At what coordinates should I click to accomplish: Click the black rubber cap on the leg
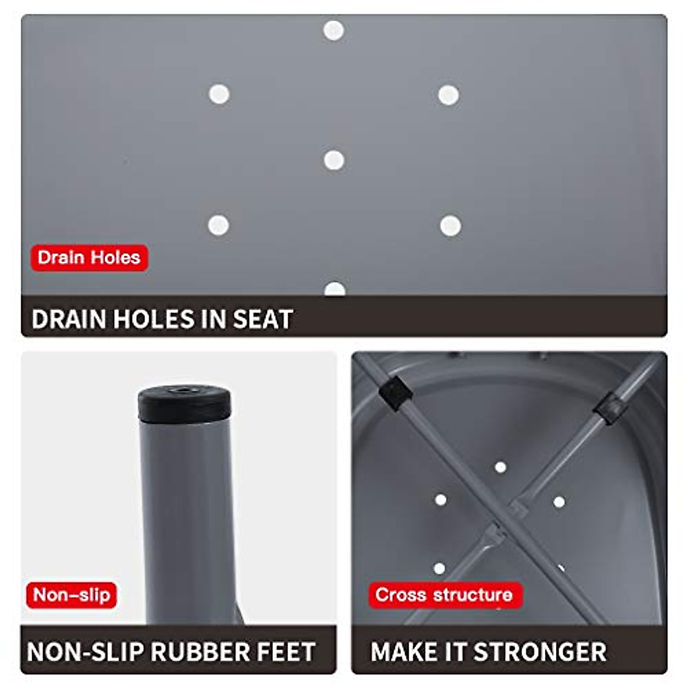185,403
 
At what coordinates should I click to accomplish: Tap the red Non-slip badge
72,595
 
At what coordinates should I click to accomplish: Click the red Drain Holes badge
89,257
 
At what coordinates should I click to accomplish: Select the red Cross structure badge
444,595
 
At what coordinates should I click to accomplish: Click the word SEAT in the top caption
263,319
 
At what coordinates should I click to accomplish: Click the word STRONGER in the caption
540,652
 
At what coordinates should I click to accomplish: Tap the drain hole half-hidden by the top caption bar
335,290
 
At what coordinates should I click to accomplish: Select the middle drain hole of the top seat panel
334,160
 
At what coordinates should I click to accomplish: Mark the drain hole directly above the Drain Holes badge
218,225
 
